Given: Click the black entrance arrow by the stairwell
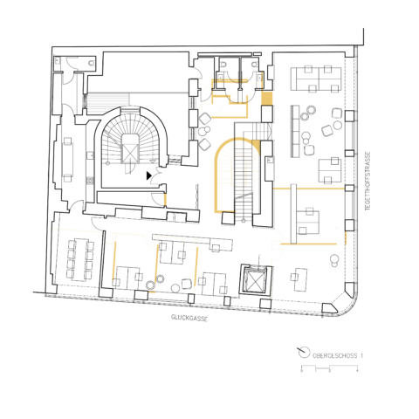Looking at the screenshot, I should click(x=150, y=175).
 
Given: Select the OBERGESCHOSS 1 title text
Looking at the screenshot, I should click(x=335, y=354).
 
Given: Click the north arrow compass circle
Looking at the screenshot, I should click(x=303, y=354).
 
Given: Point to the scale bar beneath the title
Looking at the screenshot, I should click(x=329, y=367).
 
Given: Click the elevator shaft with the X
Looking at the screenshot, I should click(x=256, y=281).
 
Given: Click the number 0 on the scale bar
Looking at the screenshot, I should click(x=302, y=373).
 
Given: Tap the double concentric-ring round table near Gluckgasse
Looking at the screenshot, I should click(x=150, y=284).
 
